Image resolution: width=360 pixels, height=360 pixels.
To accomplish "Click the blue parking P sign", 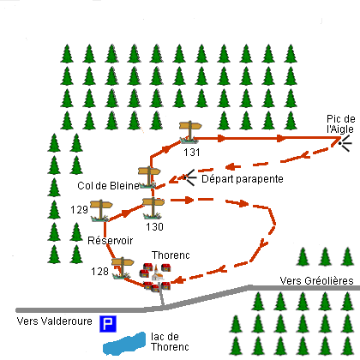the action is pos(108,324).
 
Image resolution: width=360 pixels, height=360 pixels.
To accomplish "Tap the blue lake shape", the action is pos(124,344).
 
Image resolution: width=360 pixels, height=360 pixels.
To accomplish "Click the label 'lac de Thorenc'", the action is pos(170,342).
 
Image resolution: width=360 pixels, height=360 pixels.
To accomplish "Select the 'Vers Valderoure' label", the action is pos(54,321).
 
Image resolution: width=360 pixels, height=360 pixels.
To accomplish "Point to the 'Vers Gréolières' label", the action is pos(316,281).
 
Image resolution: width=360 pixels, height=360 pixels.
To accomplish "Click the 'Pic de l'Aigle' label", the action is pos(340,124).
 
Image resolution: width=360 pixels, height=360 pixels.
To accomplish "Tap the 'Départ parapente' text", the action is pos(243,179).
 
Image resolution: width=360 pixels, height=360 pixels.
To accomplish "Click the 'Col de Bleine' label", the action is pos(108,186).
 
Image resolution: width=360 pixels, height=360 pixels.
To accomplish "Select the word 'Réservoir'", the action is pos(110,241).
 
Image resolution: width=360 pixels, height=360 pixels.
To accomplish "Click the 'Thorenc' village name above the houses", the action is pos(171,255).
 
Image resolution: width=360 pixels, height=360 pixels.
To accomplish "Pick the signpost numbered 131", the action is pos(189,132).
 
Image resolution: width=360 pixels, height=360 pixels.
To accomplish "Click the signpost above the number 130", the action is pos(153,208).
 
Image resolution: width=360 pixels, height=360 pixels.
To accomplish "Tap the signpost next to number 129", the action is pos(101,211).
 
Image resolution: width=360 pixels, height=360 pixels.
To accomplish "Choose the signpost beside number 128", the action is pos(123,267).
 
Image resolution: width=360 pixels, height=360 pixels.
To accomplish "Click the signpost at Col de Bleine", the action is pos(149,177).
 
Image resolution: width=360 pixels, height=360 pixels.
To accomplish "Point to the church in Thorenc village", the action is pos(157,273).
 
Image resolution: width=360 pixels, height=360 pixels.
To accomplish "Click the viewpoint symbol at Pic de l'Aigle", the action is pos(345,143).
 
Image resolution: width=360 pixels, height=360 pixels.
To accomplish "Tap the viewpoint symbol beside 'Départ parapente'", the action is pos(189,177).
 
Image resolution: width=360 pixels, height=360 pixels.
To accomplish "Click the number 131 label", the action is pos(191,153).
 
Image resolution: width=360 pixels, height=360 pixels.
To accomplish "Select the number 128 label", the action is pos(99,271).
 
